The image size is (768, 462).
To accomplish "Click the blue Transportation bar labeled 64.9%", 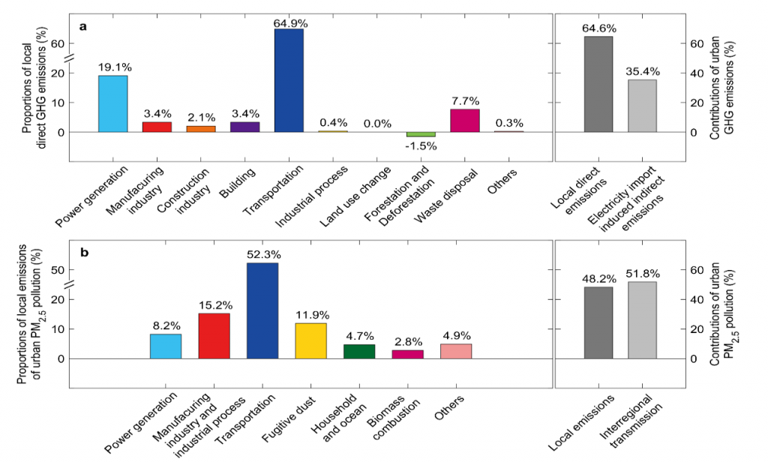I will pos(289,80).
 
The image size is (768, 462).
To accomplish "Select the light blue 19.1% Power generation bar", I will pos(112,103).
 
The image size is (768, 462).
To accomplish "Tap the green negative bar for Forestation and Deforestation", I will pos(421,134).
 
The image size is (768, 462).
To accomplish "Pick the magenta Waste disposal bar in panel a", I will pos(465,121).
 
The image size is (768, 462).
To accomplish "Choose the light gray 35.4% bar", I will pos(642,106).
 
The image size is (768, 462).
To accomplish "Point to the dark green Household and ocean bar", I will pos(359,351).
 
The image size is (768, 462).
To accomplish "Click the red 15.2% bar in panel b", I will pos(214,335).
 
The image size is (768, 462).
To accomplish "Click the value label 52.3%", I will pos(262,255).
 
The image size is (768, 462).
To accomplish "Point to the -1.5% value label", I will pos(421,145).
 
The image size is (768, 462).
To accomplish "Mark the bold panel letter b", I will pos(84,252).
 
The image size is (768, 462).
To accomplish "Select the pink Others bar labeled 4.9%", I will pos(456,351).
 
